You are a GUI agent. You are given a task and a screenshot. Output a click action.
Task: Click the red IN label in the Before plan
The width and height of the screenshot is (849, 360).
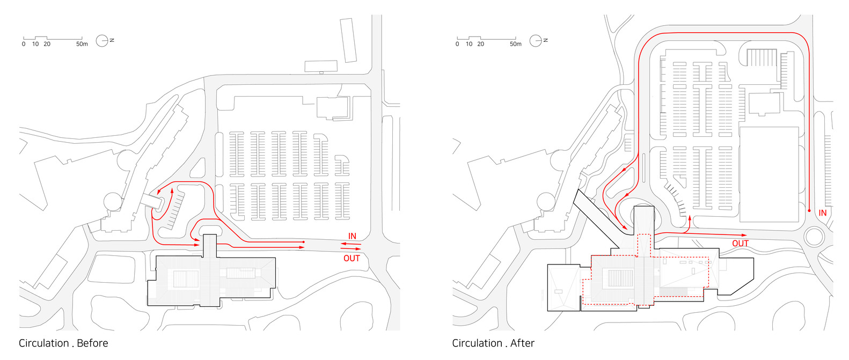[352, 236]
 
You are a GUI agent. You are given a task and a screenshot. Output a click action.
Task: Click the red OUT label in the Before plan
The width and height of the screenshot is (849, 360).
[352, 258]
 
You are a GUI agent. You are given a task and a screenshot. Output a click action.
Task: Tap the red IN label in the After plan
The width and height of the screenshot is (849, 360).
[822, 213]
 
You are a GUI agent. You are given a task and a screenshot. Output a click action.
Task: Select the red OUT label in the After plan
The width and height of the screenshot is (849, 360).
[740, 244]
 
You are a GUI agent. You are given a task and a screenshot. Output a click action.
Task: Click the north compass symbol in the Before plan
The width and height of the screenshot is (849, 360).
[102, 40]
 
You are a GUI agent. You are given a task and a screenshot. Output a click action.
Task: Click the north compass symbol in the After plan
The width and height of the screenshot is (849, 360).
[536, 40]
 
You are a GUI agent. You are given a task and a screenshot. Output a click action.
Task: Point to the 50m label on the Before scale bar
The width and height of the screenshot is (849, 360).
[82, 44]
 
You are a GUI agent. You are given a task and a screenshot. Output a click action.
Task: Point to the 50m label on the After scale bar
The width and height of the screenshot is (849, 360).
[515, 44]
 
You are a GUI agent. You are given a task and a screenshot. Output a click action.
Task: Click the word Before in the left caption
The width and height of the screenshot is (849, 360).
[92, 343]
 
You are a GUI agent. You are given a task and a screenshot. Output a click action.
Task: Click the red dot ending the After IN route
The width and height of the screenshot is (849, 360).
[809, 211]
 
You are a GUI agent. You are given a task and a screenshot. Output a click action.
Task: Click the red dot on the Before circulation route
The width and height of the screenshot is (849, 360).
[304, 243]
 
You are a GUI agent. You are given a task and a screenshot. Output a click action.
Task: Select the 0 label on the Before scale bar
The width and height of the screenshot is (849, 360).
[24, 44]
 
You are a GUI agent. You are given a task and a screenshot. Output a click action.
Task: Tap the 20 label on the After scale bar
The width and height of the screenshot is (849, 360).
[480, 44]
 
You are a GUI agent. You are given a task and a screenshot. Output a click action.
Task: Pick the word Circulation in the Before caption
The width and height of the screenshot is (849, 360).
[44, 343]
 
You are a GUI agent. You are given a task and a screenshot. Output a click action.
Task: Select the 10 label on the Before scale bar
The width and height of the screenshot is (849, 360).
[35, 44]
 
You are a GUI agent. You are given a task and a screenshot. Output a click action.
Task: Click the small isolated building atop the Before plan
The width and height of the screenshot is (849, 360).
[321, 66]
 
